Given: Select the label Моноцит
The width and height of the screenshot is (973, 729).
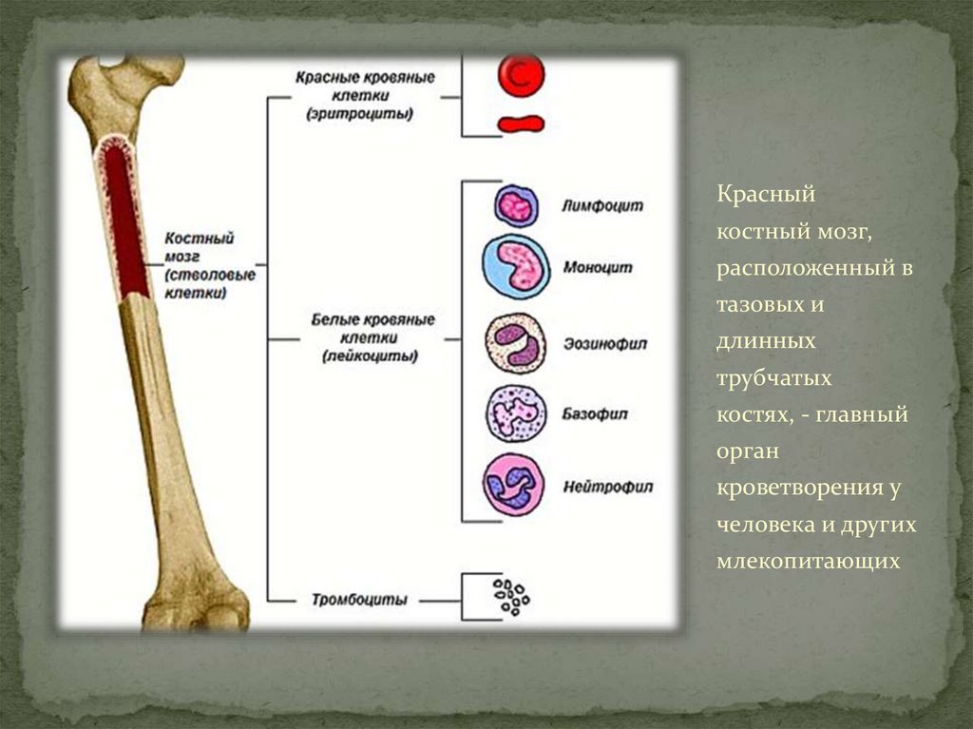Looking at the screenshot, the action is click(x=598, y=267).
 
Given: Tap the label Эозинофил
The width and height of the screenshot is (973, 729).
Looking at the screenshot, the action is click(x=605, y=343).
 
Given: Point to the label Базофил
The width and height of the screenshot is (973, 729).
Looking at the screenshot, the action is click(x=596, y=414).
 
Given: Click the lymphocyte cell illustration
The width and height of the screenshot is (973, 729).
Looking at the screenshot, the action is click(x=516, y=205).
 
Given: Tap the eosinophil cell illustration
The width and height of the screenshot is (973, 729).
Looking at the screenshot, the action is click(x=516, y=344).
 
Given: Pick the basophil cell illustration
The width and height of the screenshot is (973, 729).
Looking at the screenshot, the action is click(x=516, y=414).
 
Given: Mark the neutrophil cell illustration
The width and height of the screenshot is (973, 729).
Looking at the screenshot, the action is click(x=514, y=485).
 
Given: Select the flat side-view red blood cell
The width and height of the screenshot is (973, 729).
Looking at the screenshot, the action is click(x=521, y=124).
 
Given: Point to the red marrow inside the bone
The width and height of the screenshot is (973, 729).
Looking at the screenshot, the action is click(x=125, y=219).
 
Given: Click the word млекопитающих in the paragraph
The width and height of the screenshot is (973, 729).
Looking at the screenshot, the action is click(x=808, y=561).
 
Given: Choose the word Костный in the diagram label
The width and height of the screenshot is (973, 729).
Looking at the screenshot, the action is click(x=199, y=238).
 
